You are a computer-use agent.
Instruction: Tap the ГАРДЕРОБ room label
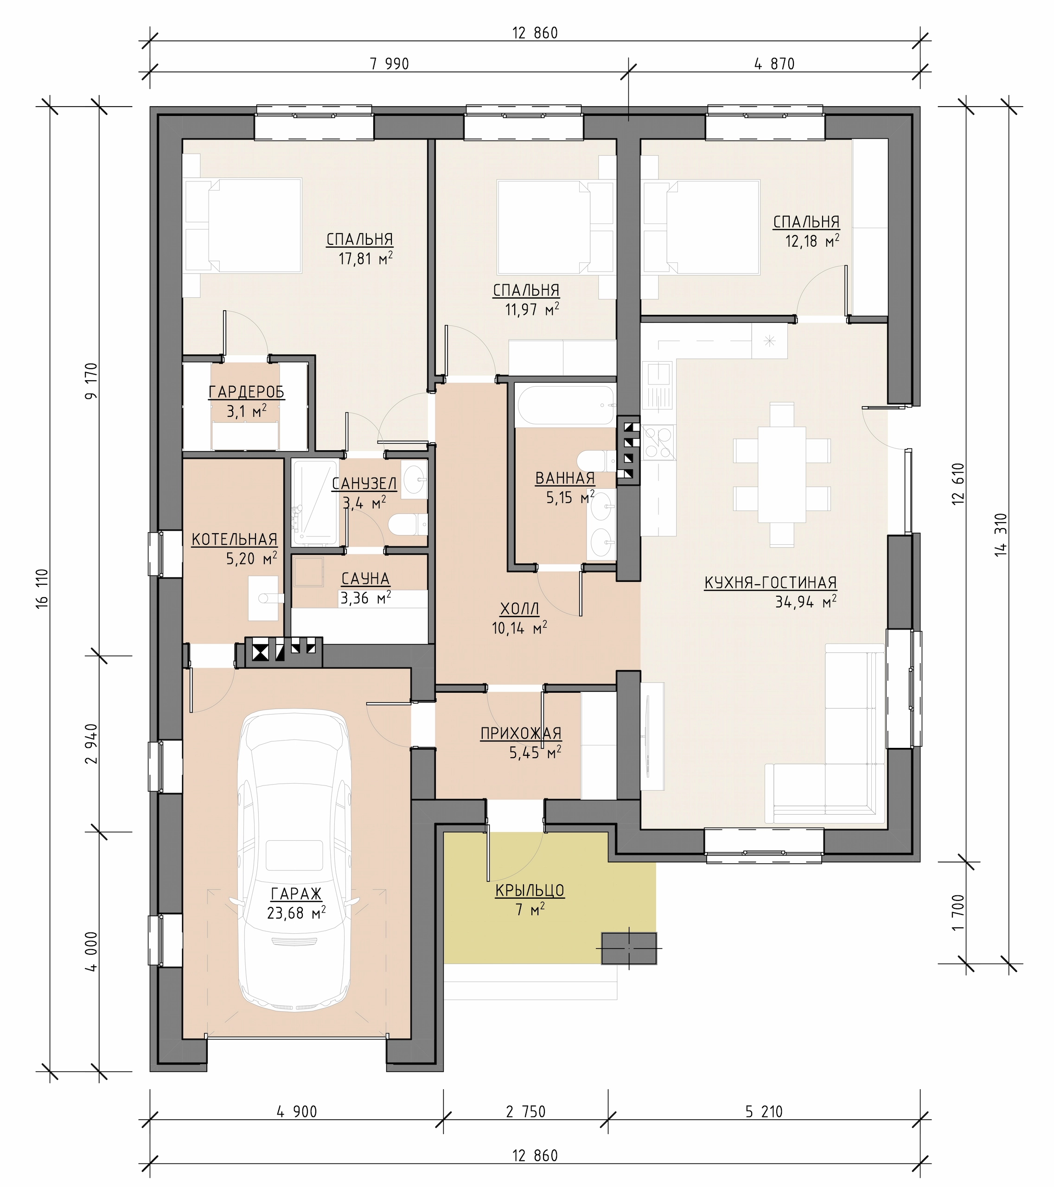247,393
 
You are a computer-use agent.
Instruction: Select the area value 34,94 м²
805,602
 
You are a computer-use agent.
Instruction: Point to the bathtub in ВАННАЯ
566,406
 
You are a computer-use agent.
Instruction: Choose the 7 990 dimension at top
389,64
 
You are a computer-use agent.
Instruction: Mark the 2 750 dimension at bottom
525,1111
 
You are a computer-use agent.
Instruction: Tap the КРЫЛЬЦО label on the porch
530,890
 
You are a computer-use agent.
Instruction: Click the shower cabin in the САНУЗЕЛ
314,502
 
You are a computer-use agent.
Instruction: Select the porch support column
629,948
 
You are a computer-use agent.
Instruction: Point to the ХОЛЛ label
520,609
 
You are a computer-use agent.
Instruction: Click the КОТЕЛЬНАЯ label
235,540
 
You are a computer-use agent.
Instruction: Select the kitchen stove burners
658,442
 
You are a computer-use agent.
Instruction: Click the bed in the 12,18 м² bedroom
702,227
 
